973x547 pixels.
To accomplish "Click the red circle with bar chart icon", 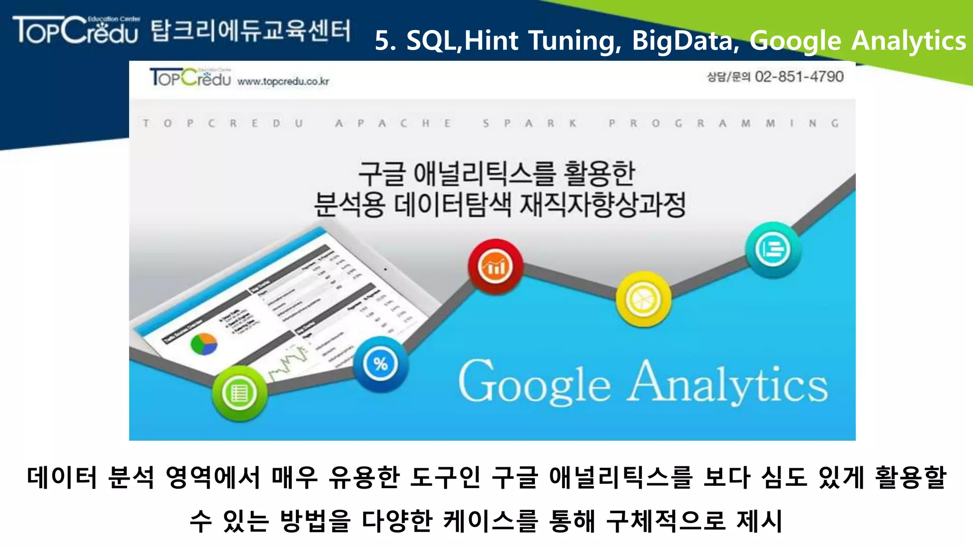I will click(495, 266).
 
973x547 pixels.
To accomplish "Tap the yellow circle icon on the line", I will click(643, 299).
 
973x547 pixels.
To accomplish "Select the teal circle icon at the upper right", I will click(773, 249).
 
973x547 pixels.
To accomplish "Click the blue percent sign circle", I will click(380, 364).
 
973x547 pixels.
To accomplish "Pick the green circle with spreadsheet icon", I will click(239, 393).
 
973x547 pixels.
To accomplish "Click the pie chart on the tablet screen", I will click(203, 343).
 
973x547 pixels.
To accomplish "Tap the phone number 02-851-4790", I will click(799, 76).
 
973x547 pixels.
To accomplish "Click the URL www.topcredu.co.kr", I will click(283, 81).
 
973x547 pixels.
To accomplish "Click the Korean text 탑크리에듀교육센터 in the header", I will click(251, 30).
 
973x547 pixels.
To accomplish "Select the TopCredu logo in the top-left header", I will click(76, 30).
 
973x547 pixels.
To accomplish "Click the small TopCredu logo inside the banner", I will click(190, 77).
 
